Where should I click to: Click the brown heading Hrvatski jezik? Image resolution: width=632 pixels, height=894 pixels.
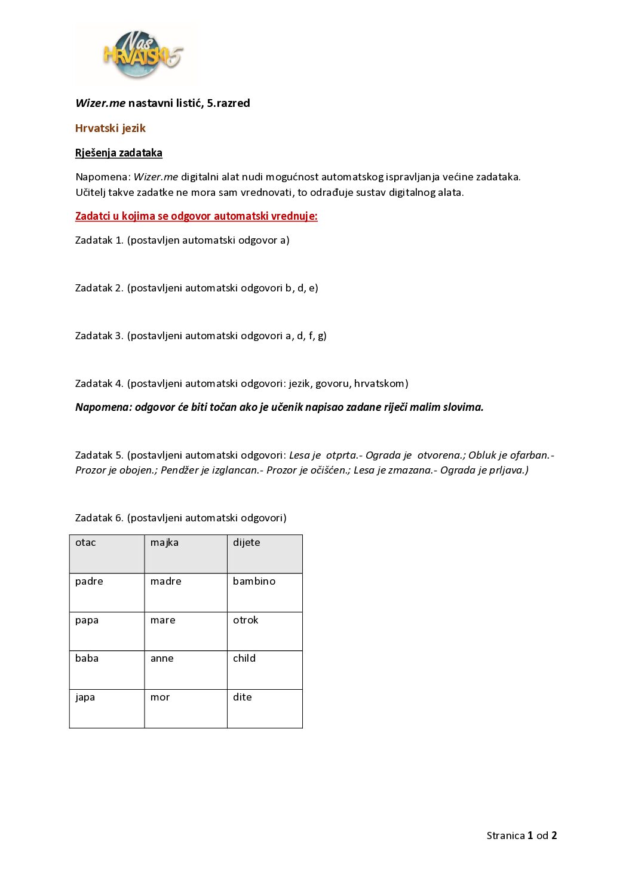(111, 128)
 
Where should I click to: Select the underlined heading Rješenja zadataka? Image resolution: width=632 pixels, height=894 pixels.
(119, 153)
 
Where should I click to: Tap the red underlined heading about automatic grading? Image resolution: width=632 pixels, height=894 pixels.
(196, 216)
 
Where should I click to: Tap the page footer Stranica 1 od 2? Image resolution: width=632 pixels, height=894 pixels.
(521, 835)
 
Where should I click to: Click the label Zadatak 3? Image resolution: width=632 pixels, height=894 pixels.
(99, 336)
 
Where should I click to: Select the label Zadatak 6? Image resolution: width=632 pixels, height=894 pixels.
(99, 518)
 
